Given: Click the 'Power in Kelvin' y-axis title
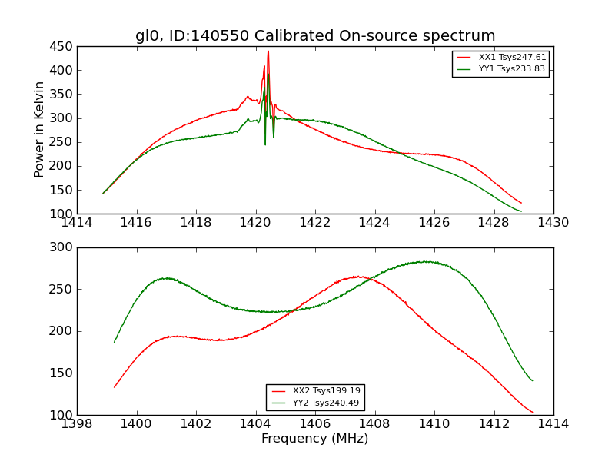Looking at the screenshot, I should pyautogui.click(x=40, y=130).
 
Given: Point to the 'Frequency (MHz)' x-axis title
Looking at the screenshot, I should pyautogui.click(x=315, y=439).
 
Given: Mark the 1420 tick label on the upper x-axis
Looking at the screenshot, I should pyautogui.click(x=255, y=223).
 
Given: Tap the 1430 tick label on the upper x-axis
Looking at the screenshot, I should pyautogui.click(x=553, y=223).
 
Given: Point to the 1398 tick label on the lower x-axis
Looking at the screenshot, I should pyautogui.click(x=77, y=424).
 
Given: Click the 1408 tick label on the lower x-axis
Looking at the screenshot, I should pyautogui.click(x=374, y=424).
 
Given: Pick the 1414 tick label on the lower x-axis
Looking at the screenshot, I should pyautogui.click(x=553, y=424).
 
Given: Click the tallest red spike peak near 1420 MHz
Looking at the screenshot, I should pyautogui.click(x=268, y=51).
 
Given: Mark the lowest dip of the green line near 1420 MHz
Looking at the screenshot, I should pyautogui.click(x=265, y=144).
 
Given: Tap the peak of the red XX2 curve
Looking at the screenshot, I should pyautogui.click(x=358, y=277).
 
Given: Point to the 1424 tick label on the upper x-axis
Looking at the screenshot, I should pyautogui.click(x=374, y=223).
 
